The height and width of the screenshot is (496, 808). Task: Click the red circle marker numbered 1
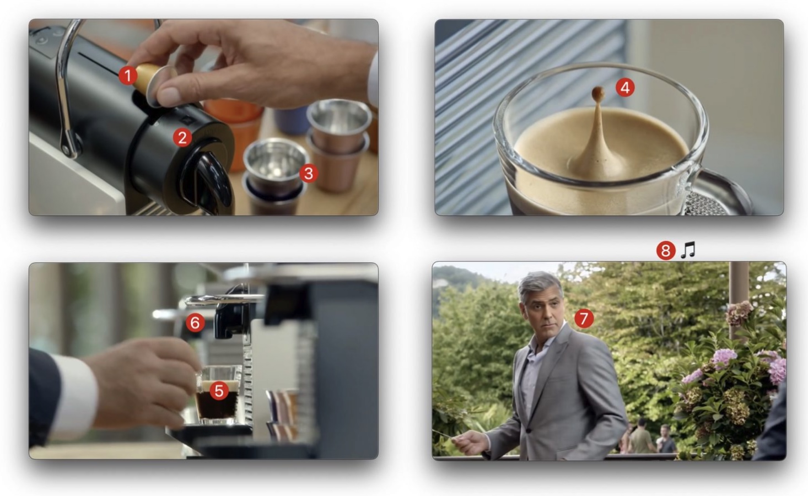click(128, 76)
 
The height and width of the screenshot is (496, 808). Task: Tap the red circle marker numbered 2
click(182, 137)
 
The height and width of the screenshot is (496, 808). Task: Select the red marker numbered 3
click(309, 173)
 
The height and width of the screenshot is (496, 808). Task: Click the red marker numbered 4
click(624, 87)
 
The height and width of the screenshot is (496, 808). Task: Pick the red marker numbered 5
click(219, 391)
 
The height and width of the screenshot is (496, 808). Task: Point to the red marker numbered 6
click(195, 322)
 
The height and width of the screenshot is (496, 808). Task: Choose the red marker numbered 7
click(584, 318)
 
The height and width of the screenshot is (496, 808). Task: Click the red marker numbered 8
click(665, 251)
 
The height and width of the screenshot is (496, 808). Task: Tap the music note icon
click(687, 250)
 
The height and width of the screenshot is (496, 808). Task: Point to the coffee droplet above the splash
click(597, 93)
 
